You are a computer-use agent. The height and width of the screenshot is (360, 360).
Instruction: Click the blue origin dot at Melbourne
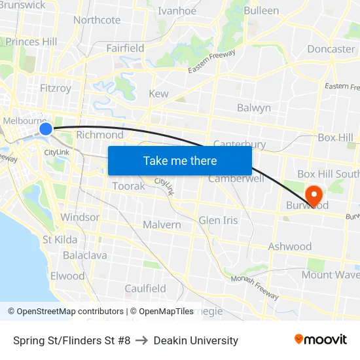pyautogui.click(x=46, y=129)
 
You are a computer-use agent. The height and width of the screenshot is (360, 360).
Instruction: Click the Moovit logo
pyautogui.click(x=321, y=339)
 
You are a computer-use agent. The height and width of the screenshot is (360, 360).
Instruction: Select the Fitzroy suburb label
pyautogui.click(x=55, y=88)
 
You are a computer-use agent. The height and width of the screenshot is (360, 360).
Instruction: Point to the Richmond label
pyautogui.click(x=99, y=135)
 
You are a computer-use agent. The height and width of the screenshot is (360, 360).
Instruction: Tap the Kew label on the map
pyautogui.click(x=158, y=94)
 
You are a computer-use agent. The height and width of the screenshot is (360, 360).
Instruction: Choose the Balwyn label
pyautogui.click(x=254, y=108)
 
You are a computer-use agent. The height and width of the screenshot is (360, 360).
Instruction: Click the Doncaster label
pyautogui.click(x=331, y=49)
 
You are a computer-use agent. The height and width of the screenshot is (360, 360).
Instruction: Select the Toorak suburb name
pyautogui.click(x=129, y=187)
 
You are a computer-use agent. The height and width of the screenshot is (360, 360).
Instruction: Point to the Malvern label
pyautogui.click(x=162, y=225)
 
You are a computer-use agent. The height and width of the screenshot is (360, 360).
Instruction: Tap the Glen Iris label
pyautogui.click(x=218, y=220)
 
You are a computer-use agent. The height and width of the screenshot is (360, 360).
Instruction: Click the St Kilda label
pyautogui.click(x=60, y=240)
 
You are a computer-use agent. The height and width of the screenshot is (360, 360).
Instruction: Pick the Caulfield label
pyautogui.click(x=145, y=289)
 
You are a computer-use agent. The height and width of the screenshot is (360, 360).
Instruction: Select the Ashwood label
pyautogui.click(x=290, y=247)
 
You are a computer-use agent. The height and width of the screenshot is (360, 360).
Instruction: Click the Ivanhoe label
pyautogui.click(x=177, y=10)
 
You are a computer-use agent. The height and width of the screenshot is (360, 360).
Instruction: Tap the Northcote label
pyautogui.click(x=97, y=20)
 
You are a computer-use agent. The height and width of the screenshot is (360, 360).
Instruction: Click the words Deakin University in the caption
pyautogui.click(x=196, y=340)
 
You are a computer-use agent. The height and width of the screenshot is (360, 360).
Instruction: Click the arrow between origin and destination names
pyautogui.click(x=142, y=340)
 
